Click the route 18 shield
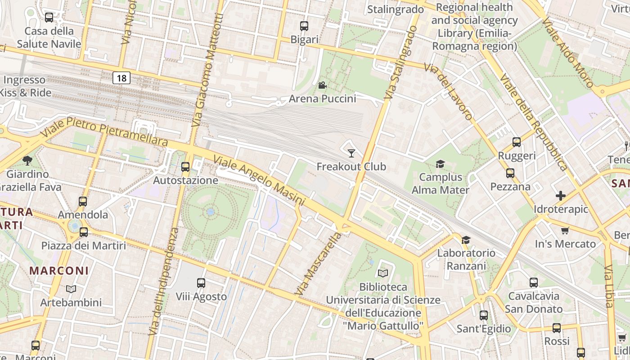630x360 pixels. coord(121,78)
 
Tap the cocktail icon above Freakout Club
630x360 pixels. coord(351,153)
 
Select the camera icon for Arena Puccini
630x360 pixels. coord(322,85)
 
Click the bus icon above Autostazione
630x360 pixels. coord(185,167)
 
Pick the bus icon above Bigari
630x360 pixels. coord(304,26)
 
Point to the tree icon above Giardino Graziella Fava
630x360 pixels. coord(27,160)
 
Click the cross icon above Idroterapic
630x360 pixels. coord(561,196)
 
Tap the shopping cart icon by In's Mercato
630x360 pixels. coord(565,231)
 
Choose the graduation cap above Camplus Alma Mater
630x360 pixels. coord(440,164)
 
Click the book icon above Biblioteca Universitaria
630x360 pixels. coord(383,273)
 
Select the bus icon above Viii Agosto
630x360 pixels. coord(201,283)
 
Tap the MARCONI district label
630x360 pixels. coord(59,271)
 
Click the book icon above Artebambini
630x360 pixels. coord(71,289)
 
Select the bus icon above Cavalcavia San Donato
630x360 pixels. coord(534,283)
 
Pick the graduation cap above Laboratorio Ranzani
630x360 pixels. coord(466,240)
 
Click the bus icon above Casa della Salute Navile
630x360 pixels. coord(49,18)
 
